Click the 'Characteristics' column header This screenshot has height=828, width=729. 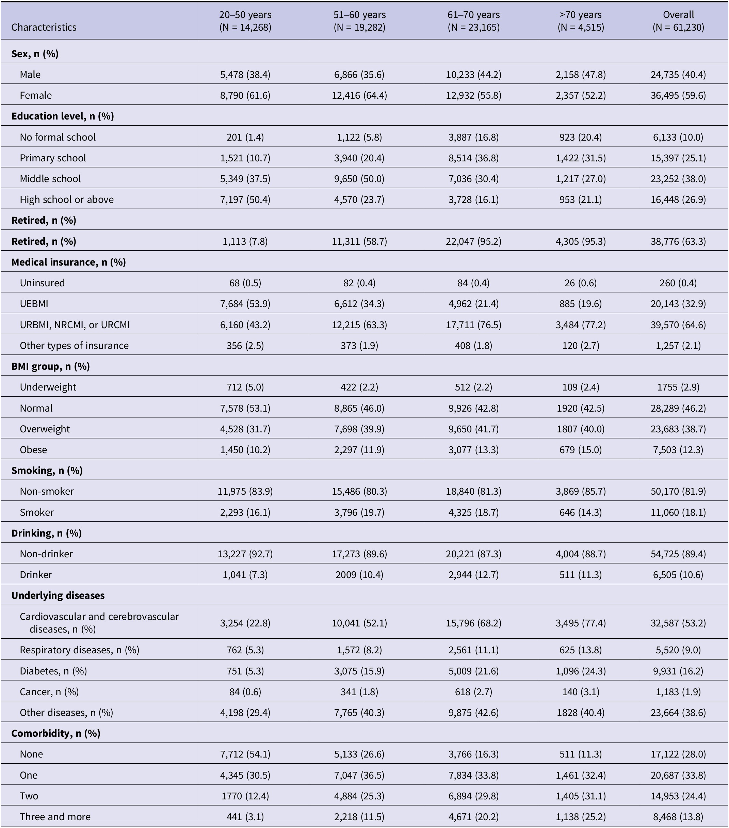[44, 27]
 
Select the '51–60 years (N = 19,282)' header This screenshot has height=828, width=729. [359, 21]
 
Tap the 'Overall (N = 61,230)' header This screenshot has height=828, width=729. [678, 21]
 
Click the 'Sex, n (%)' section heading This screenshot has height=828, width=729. [35, 53]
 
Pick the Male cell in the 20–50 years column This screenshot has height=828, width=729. [245, 75]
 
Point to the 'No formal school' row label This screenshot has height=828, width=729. [58, 137]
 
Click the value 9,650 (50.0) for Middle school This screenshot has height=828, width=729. [359, 179]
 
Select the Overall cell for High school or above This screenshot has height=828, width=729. [678, 199]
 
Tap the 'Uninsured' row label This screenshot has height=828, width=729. [42, 283]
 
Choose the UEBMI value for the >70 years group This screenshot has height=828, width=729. [580, 303]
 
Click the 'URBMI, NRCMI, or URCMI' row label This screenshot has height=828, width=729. [75, 324]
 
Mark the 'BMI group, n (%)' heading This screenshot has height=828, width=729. [50, 366]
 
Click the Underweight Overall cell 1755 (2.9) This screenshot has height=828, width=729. [678, 387]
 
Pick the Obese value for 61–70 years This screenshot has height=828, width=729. [473, 450]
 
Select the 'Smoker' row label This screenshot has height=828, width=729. [36, 512]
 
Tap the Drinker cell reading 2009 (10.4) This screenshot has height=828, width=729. [359, 574]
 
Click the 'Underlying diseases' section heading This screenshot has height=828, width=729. [58, 595]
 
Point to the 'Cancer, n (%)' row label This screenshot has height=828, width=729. [49, 691]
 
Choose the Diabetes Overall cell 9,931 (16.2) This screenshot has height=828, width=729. [678, 671]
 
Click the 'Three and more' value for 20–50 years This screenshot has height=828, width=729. [245, 817]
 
